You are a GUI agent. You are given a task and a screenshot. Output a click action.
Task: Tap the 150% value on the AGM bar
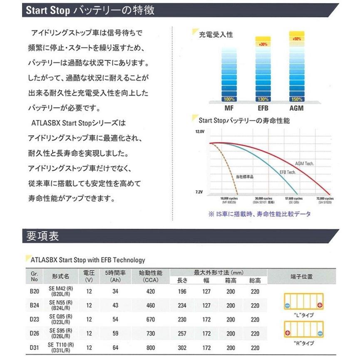tap(296, 99)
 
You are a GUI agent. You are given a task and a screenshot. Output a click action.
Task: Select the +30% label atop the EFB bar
tap(263, 44)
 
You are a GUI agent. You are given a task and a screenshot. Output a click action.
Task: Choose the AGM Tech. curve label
tap(304, 164)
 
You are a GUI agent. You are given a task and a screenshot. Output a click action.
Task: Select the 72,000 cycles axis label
tap(325, 199)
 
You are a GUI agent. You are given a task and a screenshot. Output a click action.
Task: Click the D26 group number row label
tap(35, 333)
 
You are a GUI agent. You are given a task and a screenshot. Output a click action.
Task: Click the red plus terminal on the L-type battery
tap(320, 306)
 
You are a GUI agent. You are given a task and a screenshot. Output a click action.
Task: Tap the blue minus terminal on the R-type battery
tap(319, 333)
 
